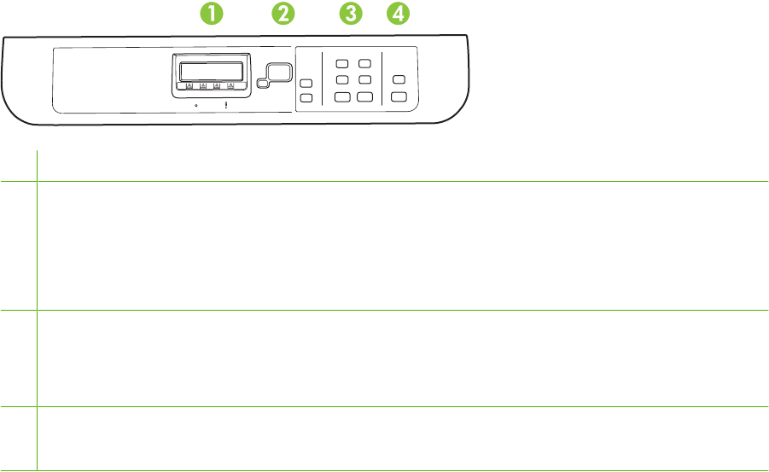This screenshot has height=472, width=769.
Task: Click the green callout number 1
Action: [211, 13]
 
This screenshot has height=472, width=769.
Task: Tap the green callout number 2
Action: [283, 13]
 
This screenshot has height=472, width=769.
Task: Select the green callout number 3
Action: [349, 13]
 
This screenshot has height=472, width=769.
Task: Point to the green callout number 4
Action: [397, 13]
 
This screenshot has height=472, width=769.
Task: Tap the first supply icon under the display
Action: [188, 85]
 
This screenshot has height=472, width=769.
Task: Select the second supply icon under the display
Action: [202, 85]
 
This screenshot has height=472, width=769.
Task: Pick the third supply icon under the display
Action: [217, 85]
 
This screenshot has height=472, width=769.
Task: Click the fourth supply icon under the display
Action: [231, 85]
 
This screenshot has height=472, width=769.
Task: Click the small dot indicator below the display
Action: [195, 105]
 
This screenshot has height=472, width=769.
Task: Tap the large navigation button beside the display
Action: [274, 72]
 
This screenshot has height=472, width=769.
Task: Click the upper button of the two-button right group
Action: [398, 80]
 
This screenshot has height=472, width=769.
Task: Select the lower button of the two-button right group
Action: [398, 97]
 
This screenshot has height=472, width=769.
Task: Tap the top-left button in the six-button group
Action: [341, 64]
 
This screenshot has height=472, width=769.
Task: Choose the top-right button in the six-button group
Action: [364, 64]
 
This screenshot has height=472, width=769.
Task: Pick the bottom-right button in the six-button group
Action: [364, 97]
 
